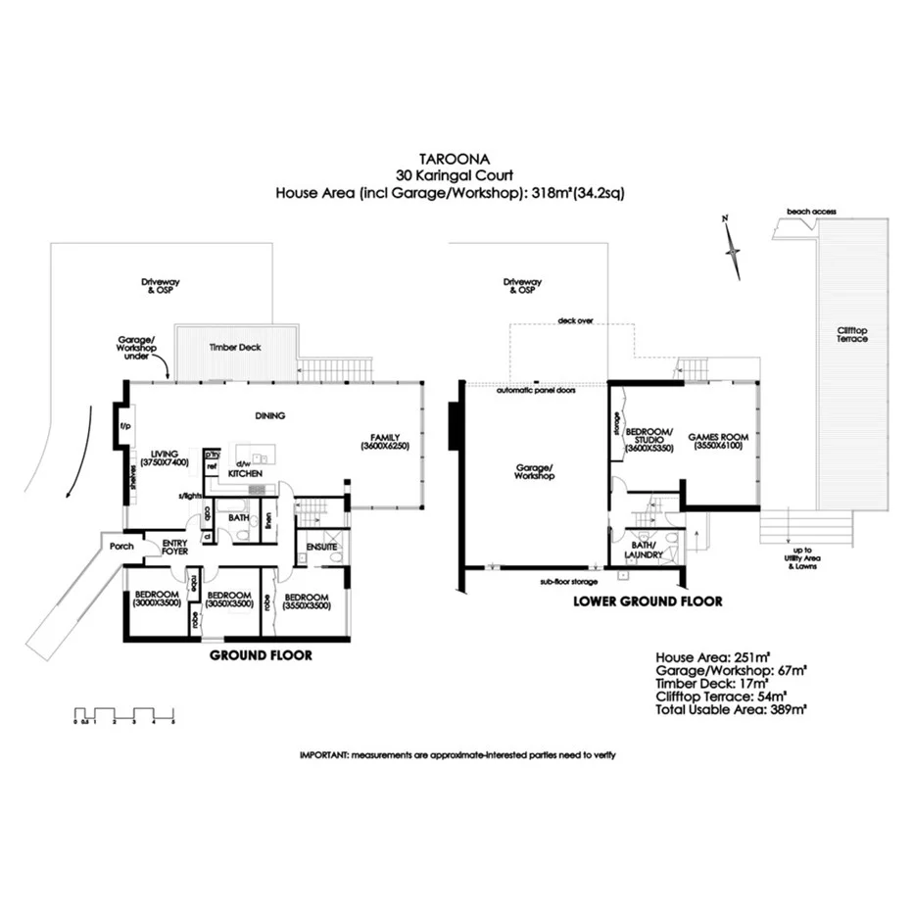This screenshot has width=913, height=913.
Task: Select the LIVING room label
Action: [x=159, y=455]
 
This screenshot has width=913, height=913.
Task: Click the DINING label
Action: [x=269, y=415]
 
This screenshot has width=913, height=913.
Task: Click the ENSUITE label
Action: [x=321, y=546]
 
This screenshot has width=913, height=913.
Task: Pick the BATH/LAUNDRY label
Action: [x=644, y=550]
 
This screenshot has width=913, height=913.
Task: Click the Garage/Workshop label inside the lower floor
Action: [x=534, y=471]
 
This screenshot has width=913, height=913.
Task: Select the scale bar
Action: [x=124, y=713]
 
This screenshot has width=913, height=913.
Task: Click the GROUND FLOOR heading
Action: [x=262, y=655]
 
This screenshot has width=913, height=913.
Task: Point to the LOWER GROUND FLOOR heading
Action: [x=648, y=601]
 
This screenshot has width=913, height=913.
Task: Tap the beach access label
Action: [x=810, y=211]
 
